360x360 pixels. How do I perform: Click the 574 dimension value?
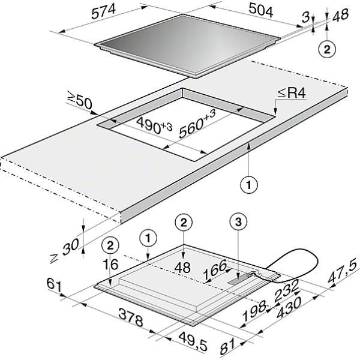pos(103,12)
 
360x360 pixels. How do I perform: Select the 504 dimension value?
pos(261,10)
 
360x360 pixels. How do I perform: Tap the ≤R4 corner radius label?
pos(292,93)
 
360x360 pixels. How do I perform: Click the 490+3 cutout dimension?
pos(154,126)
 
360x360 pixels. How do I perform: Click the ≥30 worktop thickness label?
pos(65,251)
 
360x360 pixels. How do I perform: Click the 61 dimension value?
pos(55,286)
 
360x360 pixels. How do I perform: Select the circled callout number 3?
pos(239,222)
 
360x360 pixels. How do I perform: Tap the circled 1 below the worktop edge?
pos(249,185)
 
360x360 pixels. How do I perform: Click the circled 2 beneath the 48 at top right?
pos(327,49)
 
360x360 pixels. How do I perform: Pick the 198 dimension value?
pos(254,311)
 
